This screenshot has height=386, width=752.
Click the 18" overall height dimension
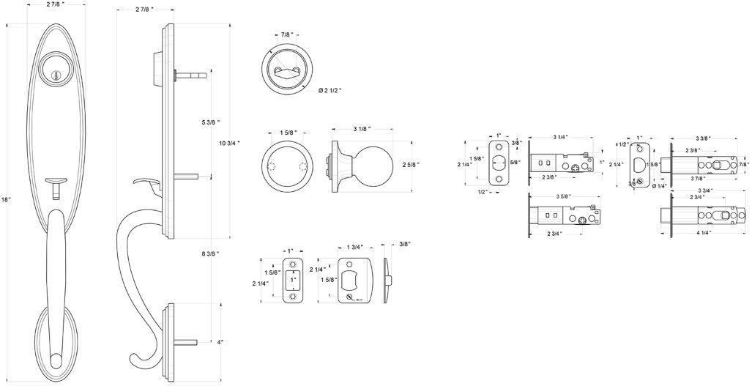[7, 199]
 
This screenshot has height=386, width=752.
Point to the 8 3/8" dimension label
[210, 253]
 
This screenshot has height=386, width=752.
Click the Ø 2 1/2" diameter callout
[331, 91]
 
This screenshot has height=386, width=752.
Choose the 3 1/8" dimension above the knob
[362, 129]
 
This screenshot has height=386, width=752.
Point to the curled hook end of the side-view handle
[140, 358]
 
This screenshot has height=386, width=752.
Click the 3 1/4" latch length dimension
[562, 138]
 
